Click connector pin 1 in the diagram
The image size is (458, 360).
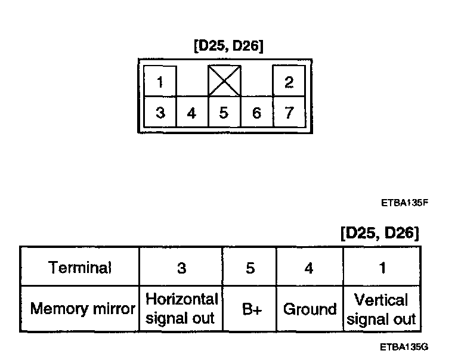tap(160, 82)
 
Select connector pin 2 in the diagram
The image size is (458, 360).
tap(289, 82)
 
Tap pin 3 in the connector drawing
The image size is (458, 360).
tap(160, 113)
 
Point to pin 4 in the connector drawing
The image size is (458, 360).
tap(191, 113)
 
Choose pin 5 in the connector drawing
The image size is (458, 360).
tap(224, 113)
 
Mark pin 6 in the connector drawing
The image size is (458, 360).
tap(256, 113)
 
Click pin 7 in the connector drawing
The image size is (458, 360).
tap(289, 113)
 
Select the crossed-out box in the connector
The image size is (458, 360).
tap(224, 80)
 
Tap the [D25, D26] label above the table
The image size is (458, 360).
tap(379, 232)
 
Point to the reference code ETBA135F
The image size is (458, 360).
tap(405, 203)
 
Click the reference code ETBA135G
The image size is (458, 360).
tap(405, 346)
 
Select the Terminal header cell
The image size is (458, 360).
tap(80, 268)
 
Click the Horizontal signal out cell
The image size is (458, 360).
tap(181, 308)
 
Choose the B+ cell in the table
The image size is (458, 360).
tap(250, 309)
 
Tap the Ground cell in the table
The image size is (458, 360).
tap(310, 309)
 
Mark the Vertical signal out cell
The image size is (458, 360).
tap(381, 309)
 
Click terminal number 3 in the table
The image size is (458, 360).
tap(181, 268)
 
